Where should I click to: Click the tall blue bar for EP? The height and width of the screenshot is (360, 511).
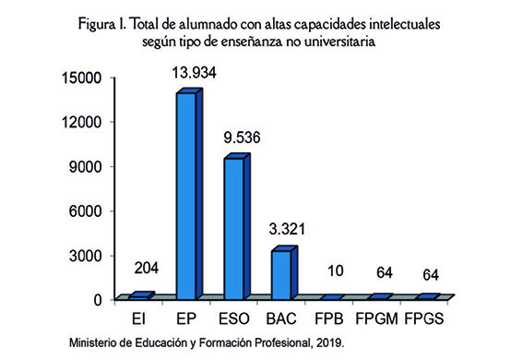pos(186,196)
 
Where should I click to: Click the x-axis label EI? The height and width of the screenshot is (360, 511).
pos(138,318)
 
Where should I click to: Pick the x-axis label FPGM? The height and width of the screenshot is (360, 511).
pos(383,318)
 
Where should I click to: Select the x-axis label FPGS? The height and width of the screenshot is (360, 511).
pos(433,318)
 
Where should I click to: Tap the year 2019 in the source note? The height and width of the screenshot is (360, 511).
pos(328,343)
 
